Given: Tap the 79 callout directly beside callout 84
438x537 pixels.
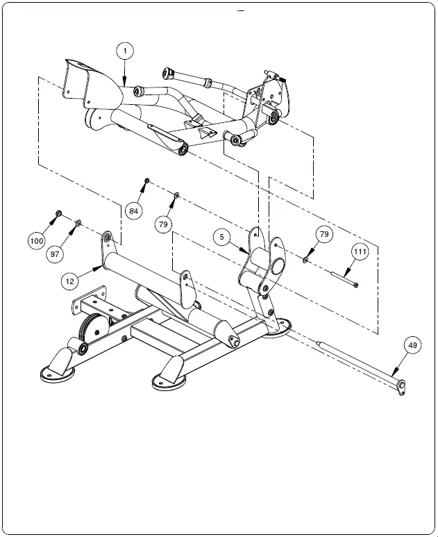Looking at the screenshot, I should [163, 224].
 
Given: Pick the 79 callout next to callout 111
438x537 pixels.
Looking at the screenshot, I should [323, 234].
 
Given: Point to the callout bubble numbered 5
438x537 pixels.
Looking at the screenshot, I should [221, 237].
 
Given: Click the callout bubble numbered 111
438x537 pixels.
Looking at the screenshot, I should [359, 250].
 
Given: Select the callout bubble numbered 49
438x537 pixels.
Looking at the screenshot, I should [412, 345].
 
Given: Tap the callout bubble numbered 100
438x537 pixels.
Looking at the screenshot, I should [37, 240].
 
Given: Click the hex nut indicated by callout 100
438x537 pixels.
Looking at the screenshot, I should [59, 213].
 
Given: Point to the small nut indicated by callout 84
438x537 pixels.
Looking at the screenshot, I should [147, 181].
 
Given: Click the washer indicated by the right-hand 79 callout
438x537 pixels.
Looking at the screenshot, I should [305, 260].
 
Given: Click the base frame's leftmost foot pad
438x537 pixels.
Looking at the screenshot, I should [56, 372].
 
